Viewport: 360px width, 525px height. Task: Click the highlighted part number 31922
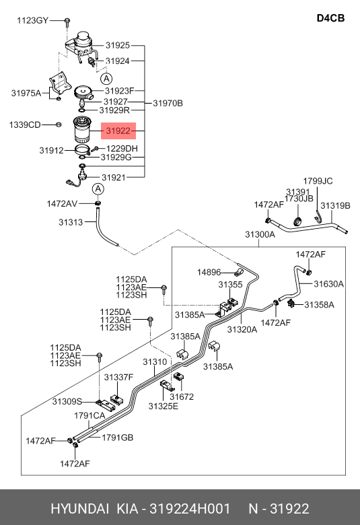(x=118, y=131)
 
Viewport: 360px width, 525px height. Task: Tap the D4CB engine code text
(x=330, y=18)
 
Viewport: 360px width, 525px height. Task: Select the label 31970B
(x=168, y=104)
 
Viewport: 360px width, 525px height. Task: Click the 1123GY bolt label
(x=32, y=21)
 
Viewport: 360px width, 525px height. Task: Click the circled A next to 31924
(x=106, y=79)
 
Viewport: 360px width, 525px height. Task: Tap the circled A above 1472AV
(x=98, y=189)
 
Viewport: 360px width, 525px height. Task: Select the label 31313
(x=71, y=222)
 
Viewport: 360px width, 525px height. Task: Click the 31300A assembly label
(x=260, y=234)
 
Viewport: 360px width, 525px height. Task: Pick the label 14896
(x=209, y=272)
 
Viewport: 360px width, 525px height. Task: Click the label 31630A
(x=328, y=284)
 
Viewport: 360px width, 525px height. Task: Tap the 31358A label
(x=319, y=305)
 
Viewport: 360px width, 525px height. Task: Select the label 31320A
(x=242, y=329)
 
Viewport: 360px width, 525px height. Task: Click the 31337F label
(x=118, y=378)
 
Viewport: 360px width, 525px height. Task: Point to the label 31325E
(x=164, y=406)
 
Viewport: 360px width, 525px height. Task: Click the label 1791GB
(x=118, y=438)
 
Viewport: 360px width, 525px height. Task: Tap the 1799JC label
(x=318, y=181)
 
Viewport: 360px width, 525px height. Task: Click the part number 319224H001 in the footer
(x=190, y=509)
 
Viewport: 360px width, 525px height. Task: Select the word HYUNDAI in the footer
(x=79, y=509)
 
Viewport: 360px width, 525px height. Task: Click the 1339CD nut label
(x=25, y=125)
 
